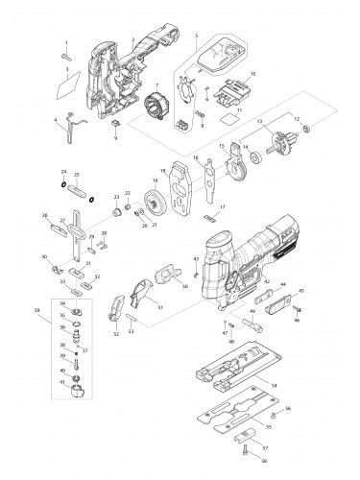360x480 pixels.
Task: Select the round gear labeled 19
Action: [x=154, y=204]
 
